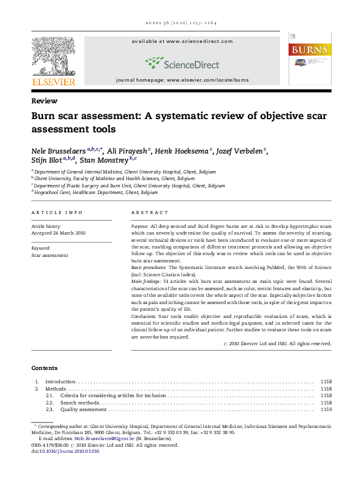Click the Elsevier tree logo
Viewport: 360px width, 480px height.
pos(53,56)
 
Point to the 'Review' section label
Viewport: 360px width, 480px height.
pos(44,100)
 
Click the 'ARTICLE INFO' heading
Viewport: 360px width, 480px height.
pos(57,213)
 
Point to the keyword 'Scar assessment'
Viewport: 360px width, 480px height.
pos(50,255)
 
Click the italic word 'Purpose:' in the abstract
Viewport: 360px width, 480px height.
pos(141,225)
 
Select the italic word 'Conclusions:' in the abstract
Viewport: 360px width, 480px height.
pos(145,317)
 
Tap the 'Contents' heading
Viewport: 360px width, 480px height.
pos(44,368)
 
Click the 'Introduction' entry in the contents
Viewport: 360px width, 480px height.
pos(60,381)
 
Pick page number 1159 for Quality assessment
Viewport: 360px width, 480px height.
pos(325,409)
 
